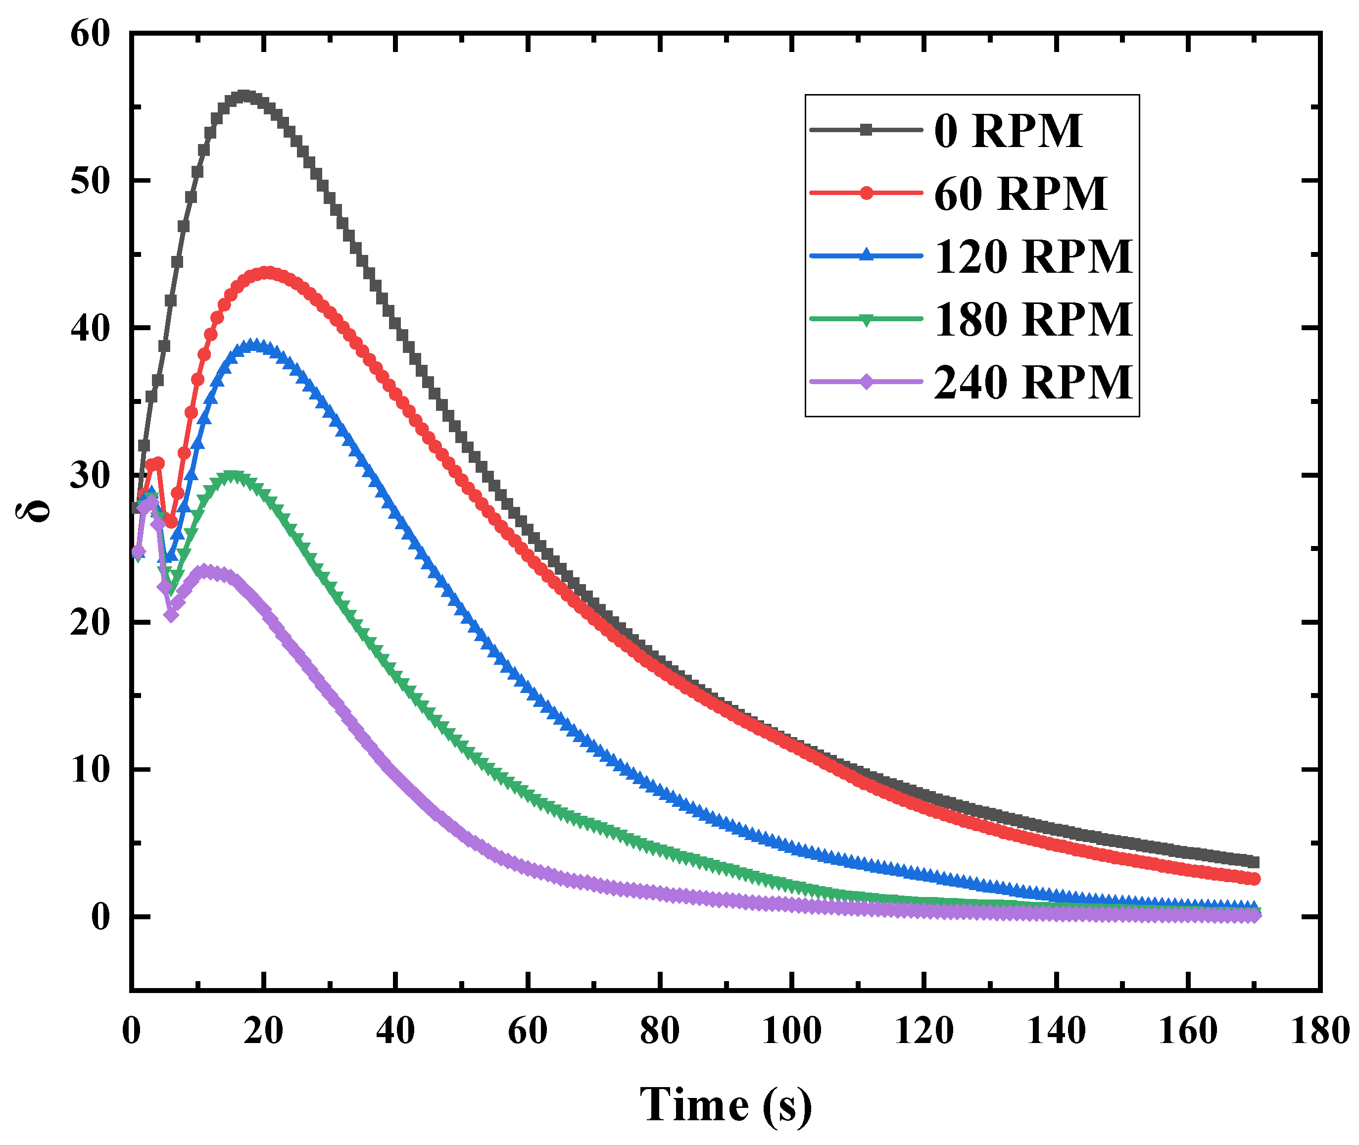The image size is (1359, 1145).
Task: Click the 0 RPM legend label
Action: [x=1008, y=131]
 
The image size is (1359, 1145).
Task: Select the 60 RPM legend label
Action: [x=1020, y=194]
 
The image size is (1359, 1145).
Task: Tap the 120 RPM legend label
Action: [x=1033, y=256]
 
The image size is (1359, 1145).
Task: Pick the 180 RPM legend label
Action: [x=1033, y=319]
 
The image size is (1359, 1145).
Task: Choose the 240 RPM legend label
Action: [x=1033, y=382]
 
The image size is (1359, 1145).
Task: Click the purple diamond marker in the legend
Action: [x=866, y=382]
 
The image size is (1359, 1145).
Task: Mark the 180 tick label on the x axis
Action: [x=1320, y=1031]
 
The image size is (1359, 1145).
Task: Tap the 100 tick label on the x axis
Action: [x=792, y=1031]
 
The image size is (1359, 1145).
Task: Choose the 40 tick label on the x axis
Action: [x=395, y=1031]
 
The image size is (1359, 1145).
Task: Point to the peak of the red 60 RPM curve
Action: [x=267, y=273]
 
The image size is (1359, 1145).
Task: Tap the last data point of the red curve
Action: [x=1254, y=879]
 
